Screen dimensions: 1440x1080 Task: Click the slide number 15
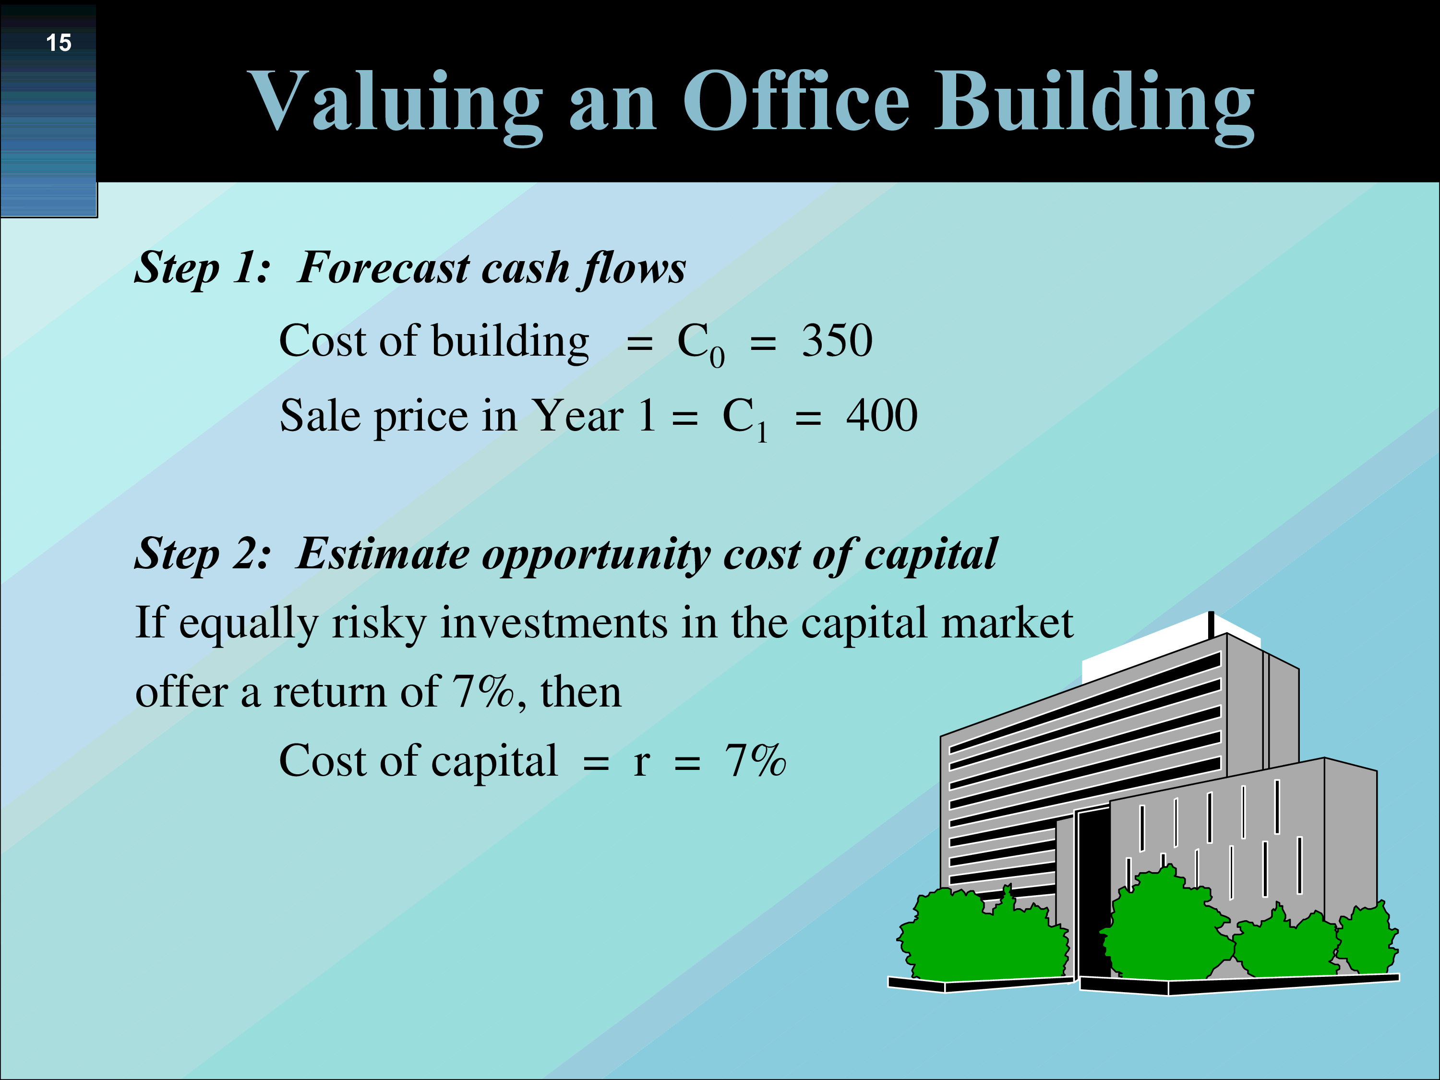tap(59, 43)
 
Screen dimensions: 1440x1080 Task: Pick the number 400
tap(882, 415)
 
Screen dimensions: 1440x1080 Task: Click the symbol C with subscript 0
tap(700, 344)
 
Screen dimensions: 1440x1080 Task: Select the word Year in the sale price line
tap(577, 415)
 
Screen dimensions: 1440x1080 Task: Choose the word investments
tap(554, 623)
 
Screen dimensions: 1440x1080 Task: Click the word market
tap(1007, 623)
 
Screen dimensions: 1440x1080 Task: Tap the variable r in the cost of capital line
tap(641, 763)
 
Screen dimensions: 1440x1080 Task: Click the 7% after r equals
tap(755, 760)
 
